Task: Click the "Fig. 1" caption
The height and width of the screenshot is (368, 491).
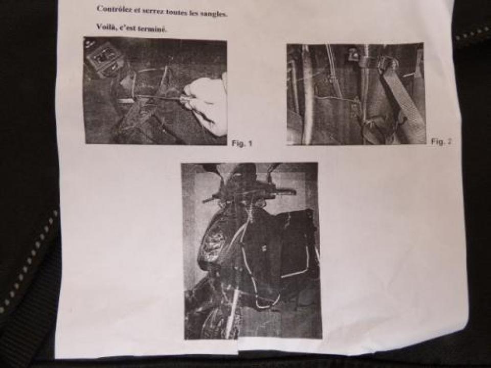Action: click(x=242, y=144)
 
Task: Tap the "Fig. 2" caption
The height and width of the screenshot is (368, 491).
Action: click(x=441, y=142)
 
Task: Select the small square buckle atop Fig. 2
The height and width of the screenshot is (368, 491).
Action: click(x=353, y=54)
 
